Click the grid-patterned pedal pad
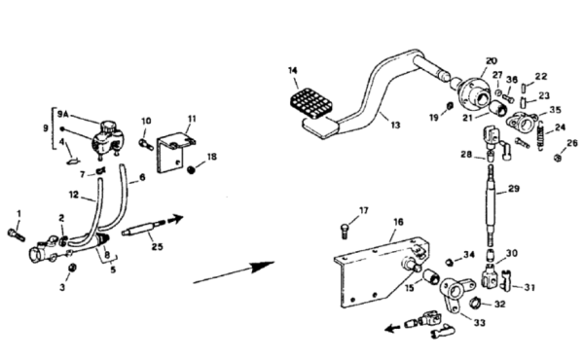tap(311, 103)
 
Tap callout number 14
tap(293, 70)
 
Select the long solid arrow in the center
tap(234, 272)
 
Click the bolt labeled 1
tap(16, 234)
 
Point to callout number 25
tap(157, 246)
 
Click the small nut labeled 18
tap(191, 170)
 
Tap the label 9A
tap(63, 114)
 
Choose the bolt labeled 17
tap(345, 231)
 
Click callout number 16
tap(398, 222)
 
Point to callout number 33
tap(479, 323)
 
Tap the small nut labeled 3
tap(72, 268)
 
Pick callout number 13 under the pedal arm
tap(395, 126)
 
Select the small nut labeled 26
tap(558, 159)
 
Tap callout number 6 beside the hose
tap(142, 178)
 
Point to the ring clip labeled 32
tap(475, 302)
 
